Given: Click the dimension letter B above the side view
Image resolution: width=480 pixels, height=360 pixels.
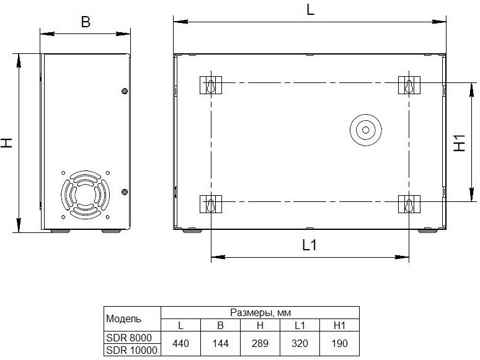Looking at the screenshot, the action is click(86, 22).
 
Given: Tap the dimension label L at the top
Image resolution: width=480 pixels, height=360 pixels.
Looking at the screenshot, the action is click(311, 10).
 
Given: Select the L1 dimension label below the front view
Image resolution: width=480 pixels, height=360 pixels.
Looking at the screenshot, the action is click(309, 245).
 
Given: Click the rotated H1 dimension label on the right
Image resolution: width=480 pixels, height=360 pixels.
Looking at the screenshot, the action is click(459, 143).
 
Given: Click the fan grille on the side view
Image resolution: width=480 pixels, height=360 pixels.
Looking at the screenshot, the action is click(86, 195).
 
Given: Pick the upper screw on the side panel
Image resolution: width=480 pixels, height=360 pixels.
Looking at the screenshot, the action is click(125, 91).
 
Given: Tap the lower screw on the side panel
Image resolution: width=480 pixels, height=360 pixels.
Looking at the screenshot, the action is click(125, 192).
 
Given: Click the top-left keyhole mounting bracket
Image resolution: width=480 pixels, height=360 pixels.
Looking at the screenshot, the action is click(211, 85).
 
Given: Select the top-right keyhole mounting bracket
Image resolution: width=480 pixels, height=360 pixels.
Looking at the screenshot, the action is click(409, 85).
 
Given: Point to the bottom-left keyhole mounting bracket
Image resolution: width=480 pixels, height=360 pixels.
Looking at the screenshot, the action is click(211, 204).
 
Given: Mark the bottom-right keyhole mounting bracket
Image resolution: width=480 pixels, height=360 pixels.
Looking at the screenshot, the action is click(409, 204).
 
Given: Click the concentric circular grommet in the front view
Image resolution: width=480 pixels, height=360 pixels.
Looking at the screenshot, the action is click(365, 130).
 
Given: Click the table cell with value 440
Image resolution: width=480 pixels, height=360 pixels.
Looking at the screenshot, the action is click(180, 343).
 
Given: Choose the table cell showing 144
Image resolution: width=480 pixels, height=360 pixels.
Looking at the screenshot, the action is click(220, 343).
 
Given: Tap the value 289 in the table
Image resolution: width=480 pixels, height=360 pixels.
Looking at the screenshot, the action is click(260, 343).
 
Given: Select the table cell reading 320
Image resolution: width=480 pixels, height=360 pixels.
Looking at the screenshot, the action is click(300, 343).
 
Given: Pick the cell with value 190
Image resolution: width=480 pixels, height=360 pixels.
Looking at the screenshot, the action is click(339, 343).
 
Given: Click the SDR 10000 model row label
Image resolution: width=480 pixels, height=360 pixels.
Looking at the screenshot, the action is click(131, 350).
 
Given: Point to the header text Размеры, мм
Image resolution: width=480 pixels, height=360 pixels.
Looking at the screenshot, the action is click(260, 312).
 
